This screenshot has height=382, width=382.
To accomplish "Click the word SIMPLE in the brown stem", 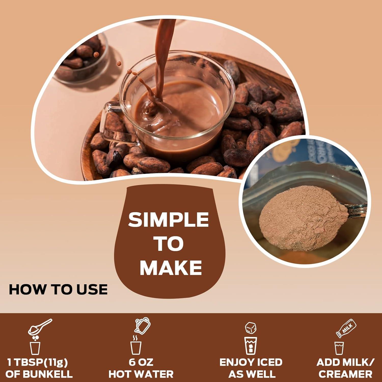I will pyautogui.click(x=168, y=220).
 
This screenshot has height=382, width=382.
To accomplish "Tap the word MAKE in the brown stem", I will pyautogui.click(x=171, y=268).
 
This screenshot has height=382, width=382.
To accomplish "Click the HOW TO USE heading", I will pyautogui.click(x=58, y=290).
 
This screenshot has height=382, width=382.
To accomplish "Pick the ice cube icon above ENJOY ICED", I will pyautogui.click(x=251, y=328).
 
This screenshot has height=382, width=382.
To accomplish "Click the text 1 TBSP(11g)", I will pyautogui.click(x=38, y=362).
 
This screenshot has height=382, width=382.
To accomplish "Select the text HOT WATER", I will pyautogui.click(x=141, y=374).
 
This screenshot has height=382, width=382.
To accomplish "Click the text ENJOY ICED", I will pyautogui.click(x=251, y=362).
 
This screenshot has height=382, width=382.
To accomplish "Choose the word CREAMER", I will pyautogui.click(x=345, y=374).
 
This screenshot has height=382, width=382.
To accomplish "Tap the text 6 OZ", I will pyautogui.click(x=141, y=362).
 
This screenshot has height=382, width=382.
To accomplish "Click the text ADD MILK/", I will pyautogui.click(x=345, y=362).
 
